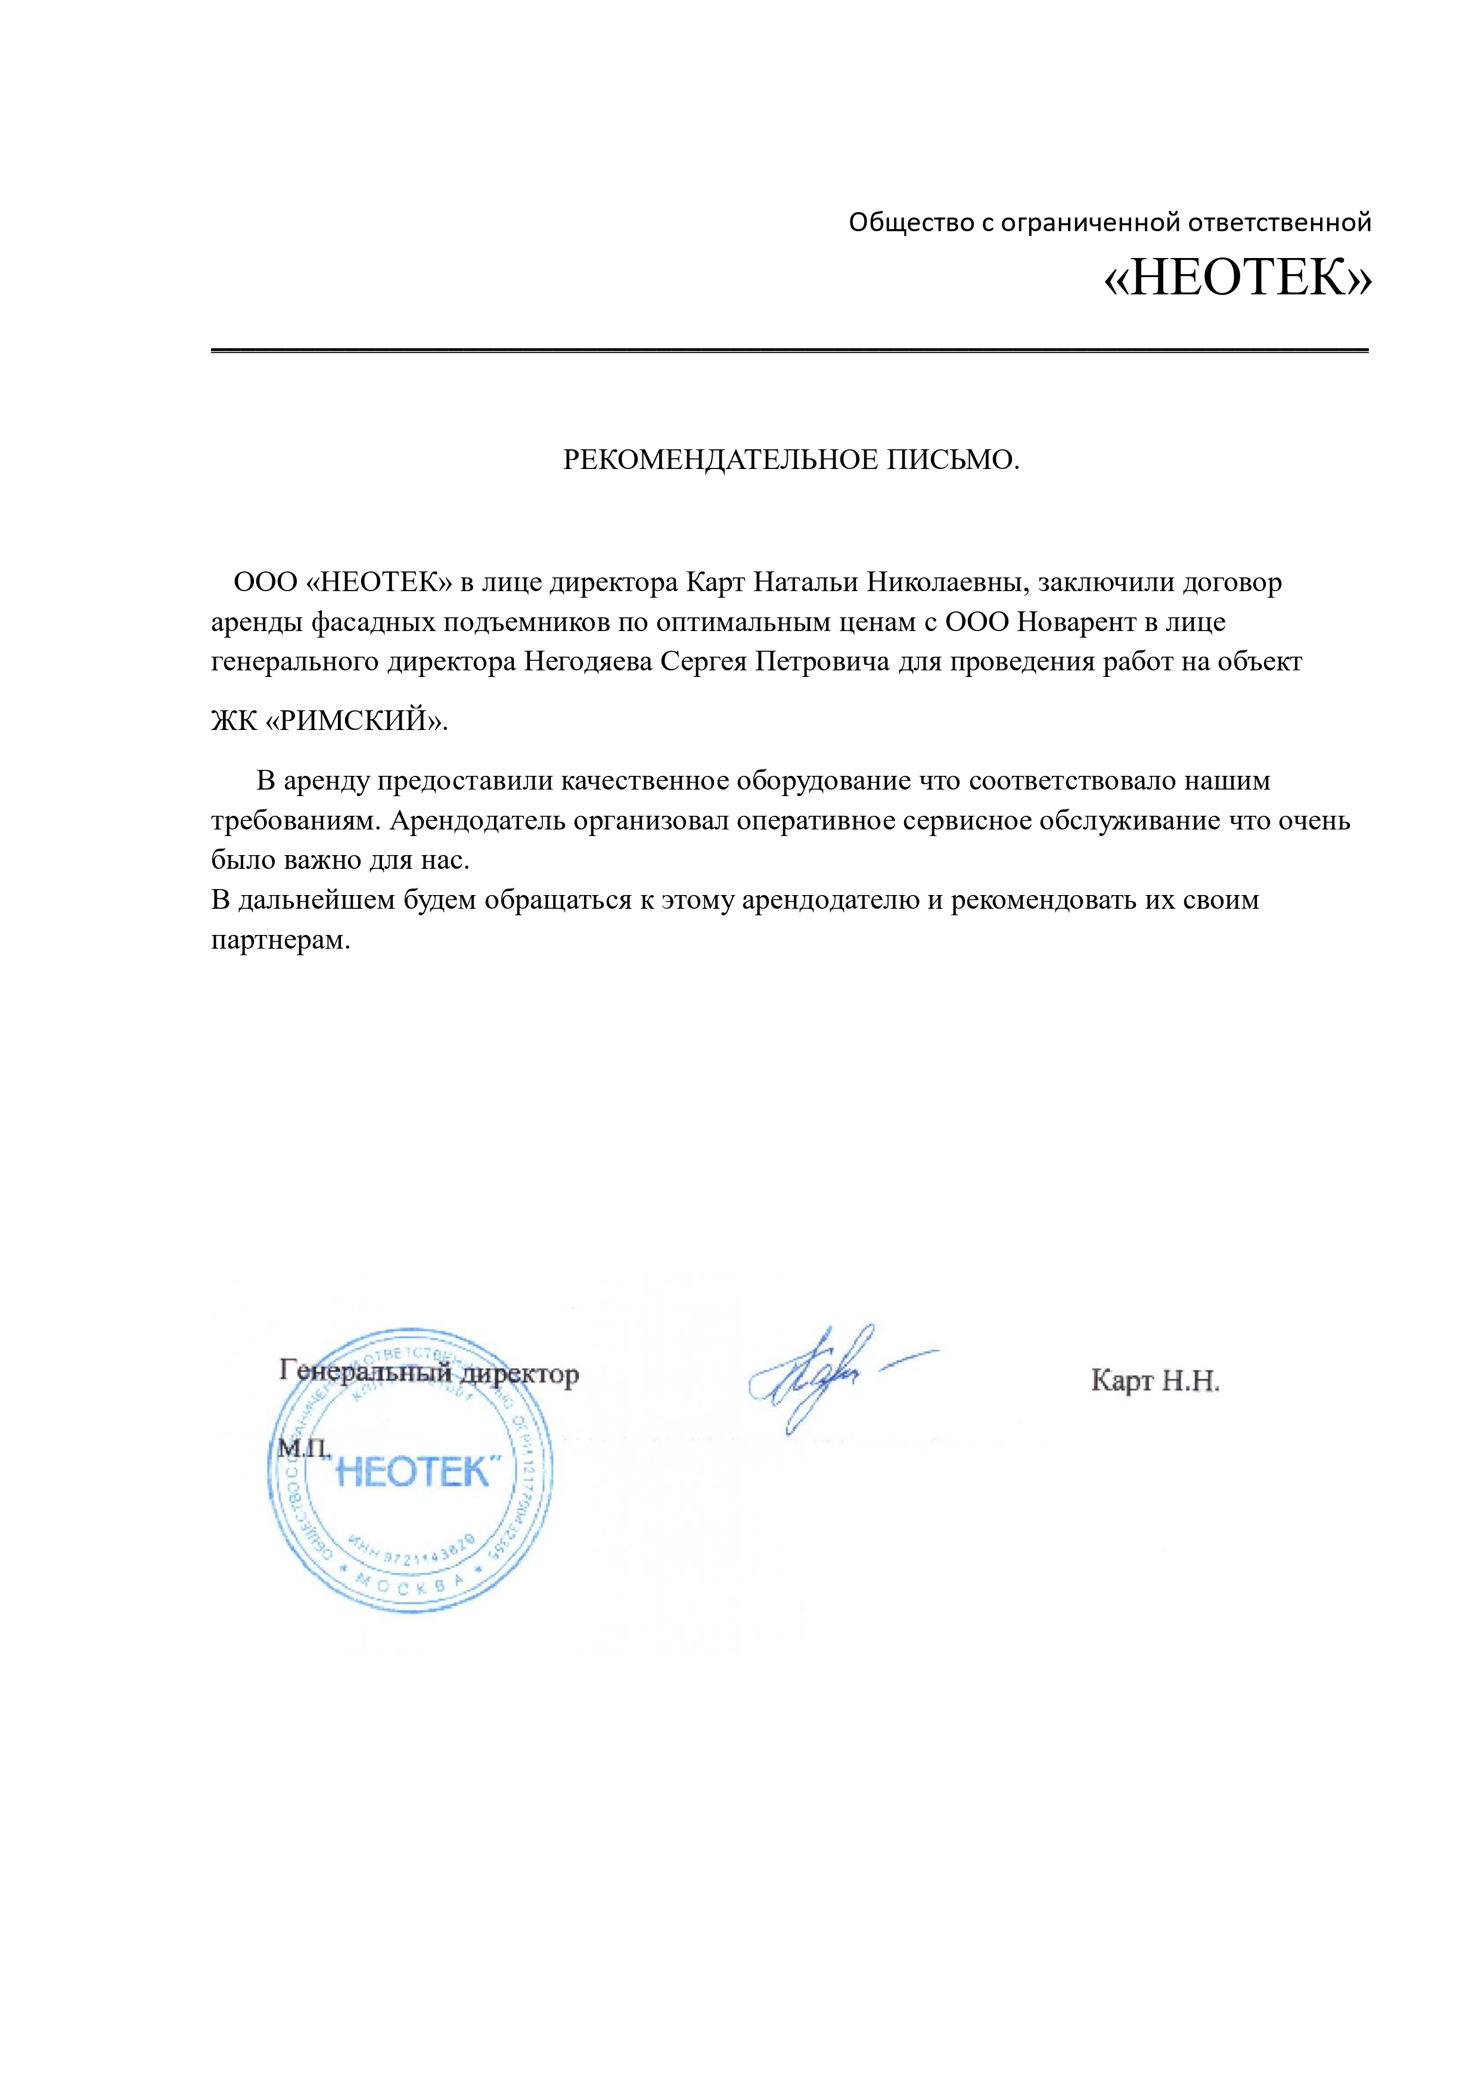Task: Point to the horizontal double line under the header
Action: pos(790,350)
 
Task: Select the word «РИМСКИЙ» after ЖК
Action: pos(357,721)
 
